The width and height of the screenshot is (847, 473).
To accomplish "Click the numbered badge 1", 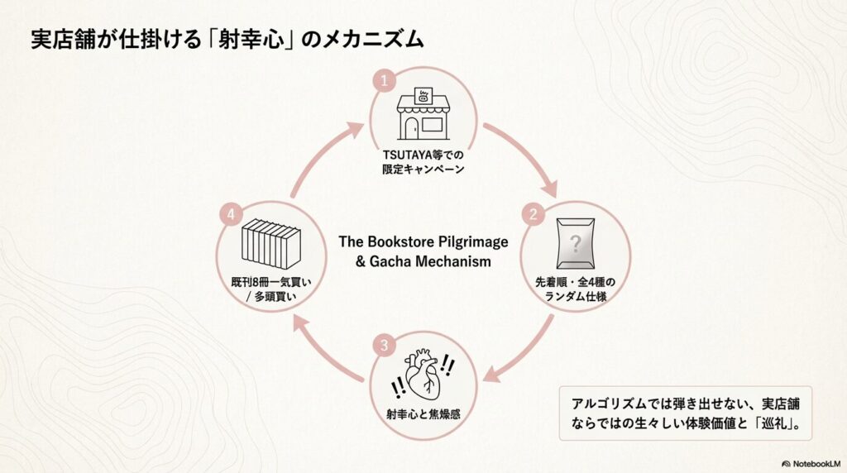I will click(382, 81).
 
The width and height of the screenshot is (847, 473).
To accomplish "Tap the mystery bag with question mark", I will click(577, 245).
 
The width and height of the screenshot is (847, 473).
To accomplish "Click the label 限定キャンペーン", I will click(423, 170).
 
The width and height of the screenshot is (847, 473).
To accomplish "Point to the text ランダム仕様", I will click(576, 295).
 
